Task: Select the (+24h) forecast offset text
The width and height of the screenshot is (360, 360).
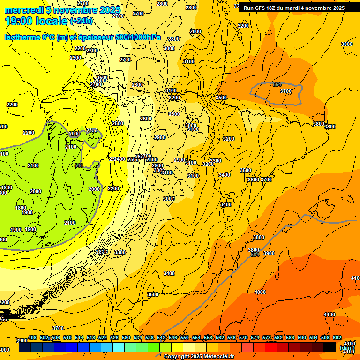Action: tap(81, 21)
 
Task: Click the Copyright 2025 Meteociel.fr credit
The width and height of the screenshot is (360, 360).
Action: tap(199, 357)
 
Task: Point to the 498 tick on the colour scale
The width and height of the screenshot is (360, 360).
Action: tap(32, 337)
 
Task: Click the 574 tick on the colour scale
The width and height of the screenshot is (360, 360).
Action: tap(255, 337)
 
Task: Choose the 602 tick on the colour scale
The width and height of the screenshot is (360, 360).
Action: tap(337, 337)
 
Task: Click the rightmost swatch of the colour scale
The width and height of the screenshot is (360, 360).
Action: tap(330, 347)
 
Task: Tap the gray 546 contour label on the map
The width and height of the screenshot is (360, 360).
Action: tap(79, 165)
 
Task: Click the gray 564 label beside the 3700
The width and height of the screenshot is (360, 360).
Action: tap(277, 84)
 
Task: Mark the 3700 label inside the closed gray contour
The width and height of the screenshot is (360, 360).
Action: tap(285, 91)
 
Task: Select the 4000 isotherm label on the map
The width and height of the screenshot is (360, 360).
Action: tap(260, 292)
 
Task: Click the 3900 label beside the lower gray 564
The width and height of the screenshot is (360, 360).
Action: tap(269, 253)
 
